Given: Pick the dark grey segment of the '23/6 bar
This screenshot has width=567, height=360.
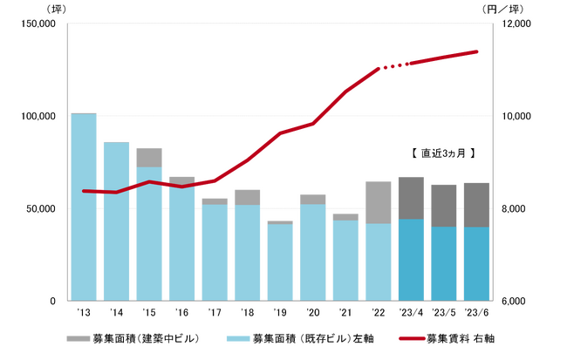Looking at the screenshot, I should tap(476, 205).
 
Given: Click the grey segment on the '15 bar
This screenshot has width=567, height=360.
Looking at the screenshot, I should tap(148, 158).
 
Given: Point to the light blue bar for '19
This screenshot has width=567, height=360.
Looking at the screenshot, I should tap(279, 262).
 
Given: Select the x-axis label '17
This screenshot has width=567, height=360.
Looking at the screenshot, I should tap(214, 311).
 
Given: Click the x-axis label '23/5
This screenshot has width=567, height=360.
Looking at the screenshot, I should tap(443, 311).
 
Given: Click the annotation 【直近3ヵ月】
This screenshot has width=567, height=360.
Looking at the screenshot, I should tap(442, 153).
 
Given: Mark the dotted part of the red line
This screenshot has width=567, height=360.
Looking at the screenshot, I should tap(393, 65).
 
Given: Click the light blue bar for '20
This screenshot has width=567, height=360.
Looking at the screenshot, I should tap(312, 253).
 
